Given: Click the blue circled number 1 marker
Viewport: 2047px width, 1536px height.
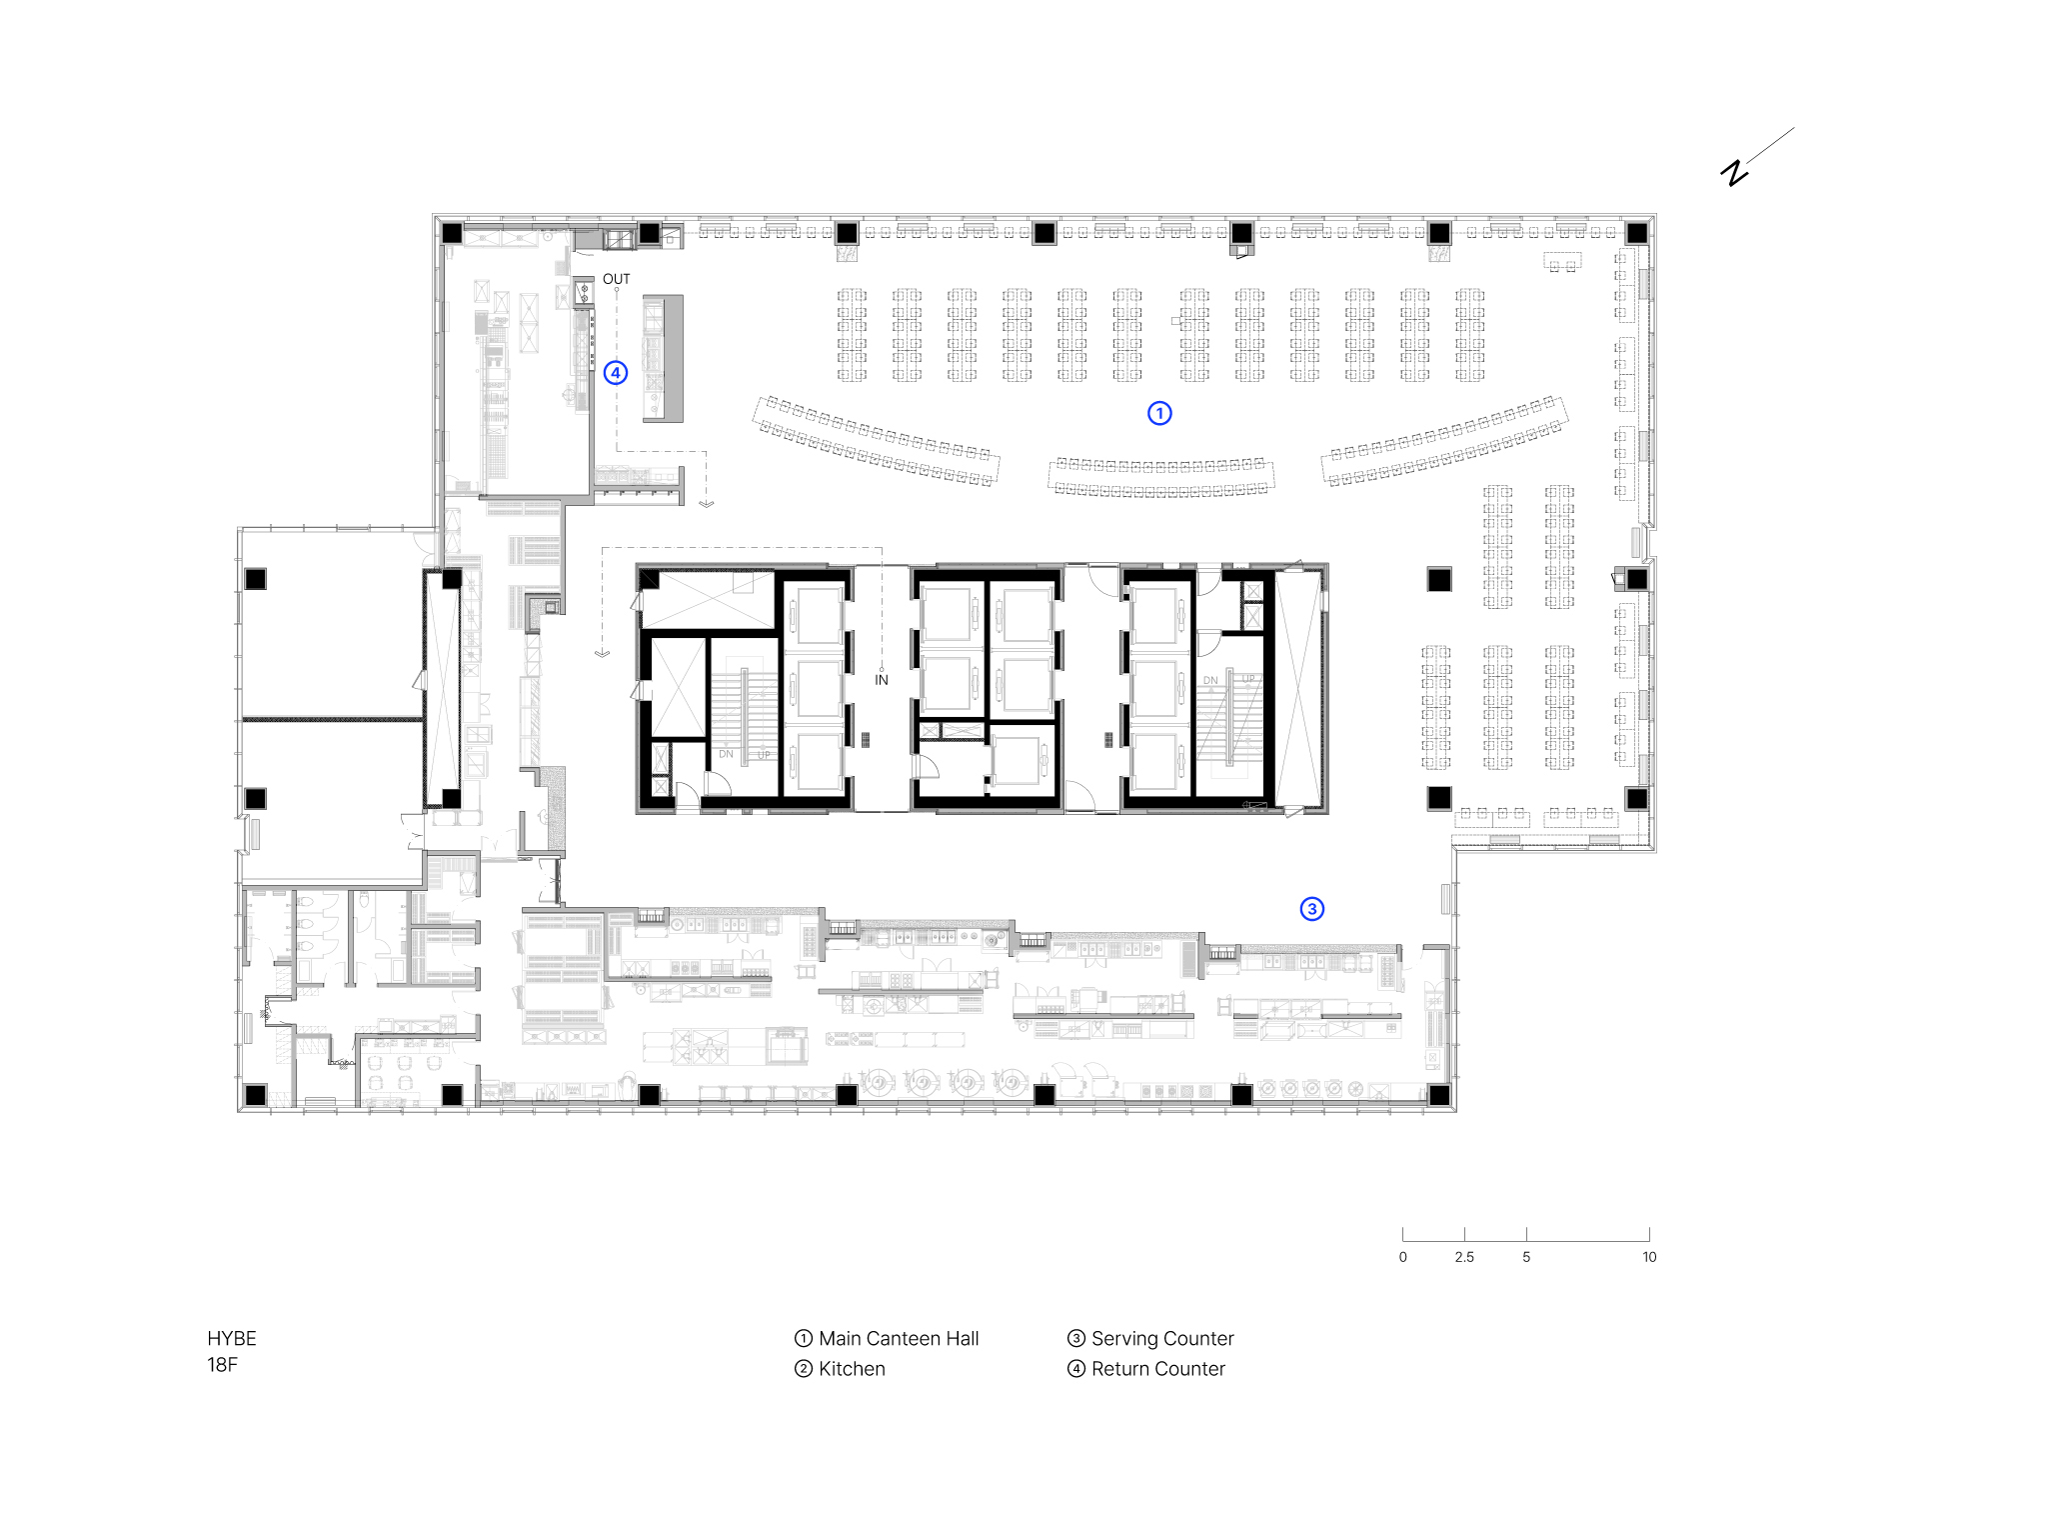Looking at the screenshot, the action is click(x=1159, y=413).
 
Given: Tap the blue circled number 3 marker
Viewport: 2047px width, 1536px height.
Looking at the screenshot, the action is click(x=1312, y=909).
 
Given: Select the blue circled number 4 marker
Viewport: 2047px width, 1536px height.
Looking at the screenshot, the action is click(x=616, y=373).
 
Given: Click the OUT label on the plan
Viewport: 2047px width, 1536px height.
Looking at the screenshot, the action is click(x=617, y=279).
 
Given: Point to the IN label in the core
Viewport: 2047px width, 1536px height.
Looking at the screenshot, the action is click(x=882, y=680).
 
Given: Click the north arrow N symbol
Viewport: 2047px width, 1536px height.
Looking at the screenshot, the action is click(x=1735, y=173).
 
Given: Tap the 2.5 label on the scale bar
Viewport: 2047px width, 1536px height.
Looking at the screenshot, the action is click(x=1464, y=1257).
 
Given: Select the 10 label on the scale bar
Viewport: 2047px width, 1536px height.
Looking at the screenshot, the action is click(x=1649, y=1257).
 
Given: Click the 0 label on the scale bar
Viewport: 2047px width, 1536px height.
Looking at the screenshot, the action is click(x=1403, y=1257).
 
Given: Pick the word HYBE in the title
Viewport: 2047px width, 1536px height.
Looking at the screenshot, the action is click(x=232, y=1339).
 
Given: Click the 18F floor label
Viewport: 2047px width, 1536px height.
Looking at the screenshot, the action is click(x=222, y=1365).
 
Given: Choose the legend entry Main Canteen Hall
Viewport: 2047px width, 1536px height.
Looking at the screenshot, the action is click(x=899, y=1339).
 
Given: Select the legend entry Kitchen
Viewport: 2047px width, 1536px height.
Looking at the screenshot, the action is click(x=852, y=1369).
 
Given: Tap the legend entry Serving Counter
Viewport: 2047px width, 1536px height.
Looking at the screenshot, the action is click(x=1162, y=1339).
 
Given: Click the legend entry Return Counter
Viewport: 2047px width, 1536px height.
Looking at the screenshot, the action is click(x=1158, y=1369).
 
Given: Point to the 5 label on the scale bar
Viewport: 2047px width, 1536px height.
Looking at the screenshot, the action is click(x=1526, y=1257).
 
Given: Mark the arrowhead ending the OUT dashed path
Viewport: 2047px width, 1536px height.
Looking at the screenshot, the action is click(x=707, y=504).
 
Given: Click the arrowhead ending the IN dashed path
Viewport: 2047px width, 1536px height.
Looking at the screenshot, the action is click(x=602, y=654).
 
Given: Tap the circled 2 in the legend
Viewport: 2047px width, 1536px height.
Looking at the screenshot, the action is click(x=804, y=1369).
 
